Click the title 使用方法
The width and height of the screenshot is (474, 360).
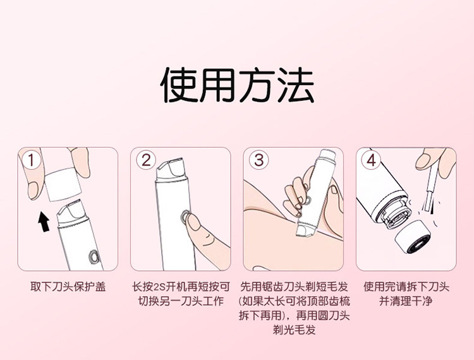click(x=237, y=85)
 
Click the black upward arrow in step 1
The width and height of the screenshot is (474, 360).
click(x=42, y=222)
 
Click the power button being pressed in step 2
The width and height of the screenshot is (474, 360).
click(x=184, y=218)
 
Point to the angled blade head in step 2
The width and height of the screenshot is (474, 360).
click(x=173, y=170)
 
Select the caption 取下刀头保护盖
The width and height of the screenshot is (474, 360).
click(x=68, y=286)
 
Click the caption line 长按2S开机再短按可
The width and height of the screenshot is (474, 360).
click(x=181, y=286)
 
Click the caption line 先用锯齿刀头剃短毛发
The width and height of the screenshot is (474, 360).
click(x=294, y=286)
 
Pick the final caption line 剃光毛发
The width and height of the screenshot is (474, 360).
click(x=294, y=330)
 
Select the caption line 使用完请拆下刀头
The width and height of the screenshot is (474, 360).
click(x=407, y=286)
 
